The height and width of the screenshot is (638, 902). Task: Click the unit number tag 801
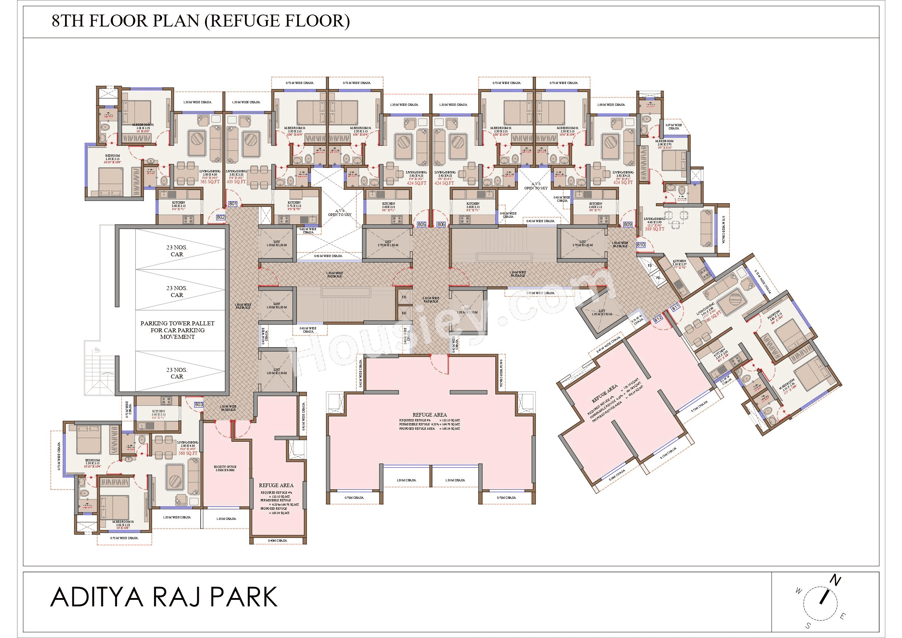click(x=233, y=204)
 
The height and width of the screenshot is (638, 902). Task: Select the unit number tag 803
click(x=199, y=404)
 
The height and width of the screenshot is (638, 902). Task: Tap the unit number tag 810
click(x=641, y=245)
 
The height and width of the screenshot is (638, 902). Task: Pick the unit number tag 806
click(x=441, y=224)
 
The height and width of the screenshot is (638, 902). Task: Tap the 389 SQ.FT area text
click(x=654, y=229)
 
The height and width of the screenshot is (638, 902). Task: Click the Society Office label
click(x=225, y=468)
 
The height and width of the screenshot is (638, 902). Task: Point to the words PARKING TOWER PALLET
click(x=178, y=323)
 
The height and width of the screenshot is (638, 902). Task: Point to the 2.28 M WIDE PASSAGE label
click(x=431, y=300)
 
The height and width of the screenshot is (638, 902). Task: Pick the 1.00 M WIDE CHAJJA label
click(x=611, y=105)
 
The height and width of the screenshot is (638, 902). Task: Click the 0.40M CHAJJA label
click(x=277, y=541)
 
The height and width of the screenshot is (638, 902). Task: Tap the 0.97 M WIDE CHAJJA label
click(x=674, y=127)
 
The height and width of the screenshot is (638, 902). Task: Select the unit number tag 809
click(x=627, y=224)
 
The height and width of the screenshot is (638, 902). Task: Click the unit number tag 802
click(x=221, y=217)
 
